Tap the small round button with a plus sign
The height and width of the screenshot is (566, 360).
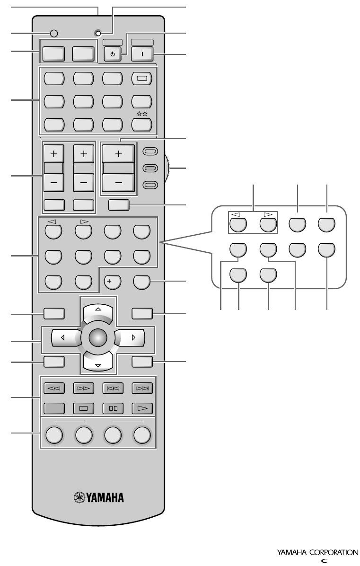[x=113, y=283]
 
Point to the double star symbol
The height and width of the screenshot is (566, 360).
[x=142, y=114]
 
